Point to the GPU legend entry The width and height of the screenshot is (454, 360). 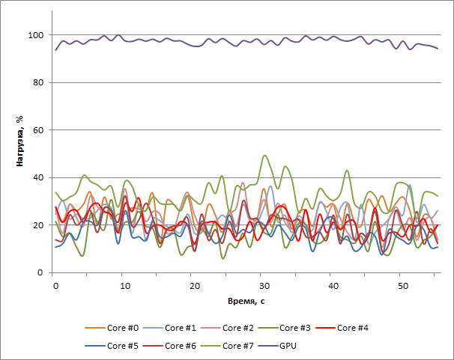pyautogui.click(x=288, y=346)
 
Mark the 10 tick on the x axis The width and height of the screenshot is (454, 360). pyautogui.click(x=124, y=286)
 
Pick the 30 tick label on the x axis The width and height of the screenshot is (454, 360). pyautogui.click(x=263, y=286)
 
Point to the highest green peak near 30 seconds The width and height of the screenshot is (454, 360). pyautogui.click(x=264, y=156)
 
